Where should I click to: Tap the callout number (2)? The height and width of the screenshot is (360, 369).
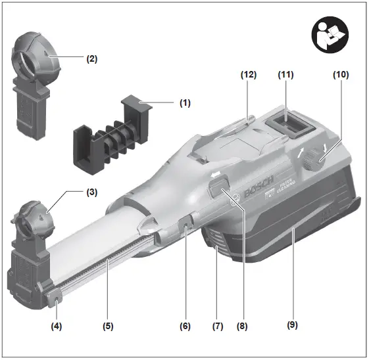pyautogui.click(x=92, y=58)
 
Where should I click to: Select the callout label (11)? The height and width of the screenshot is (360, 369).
pyautogui.click(x=285, y=75)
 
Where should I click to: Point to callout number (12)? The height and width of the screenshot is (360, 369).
pyautogui.click(x=247, y=75)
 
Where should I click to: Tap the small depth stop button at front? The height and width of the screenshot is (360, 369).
pyautogui.click(x=57, y=301)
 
